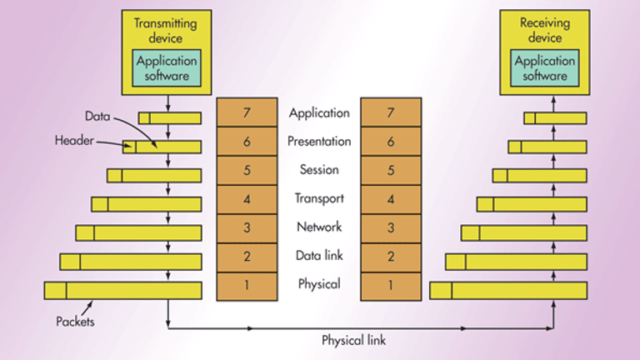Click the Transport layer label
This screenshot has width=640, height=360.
tap(319, 198)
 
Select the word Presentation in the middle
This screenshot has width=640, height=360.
tap(319, 142)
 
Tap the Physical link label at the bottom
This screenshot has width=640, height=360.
tap(354, 340)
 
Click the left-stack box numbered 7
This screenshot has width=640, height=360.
tap(247, 112)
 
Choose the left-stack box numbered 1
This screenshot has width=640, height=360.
tap(247, 284)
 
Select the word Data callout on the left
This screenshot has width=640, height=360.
tap(98, 115)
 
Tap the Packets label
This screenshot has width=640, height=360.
tap(75, 321)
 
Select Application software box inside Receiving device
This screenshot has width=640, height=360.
tap(545, 67)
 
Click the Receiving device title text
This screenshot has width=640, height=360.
tap(545, 29)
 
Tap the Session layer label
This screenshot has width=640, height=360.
tap(319, 170)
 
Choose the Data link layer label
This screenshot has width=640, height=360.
tap(319, 256)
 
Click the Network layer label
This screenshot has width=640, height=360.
tap(319, 227)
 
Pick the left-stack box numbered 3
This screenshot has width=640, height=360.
tap(247, 227)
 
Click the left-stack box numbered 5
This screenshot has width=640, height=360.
tap(247, 170)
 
